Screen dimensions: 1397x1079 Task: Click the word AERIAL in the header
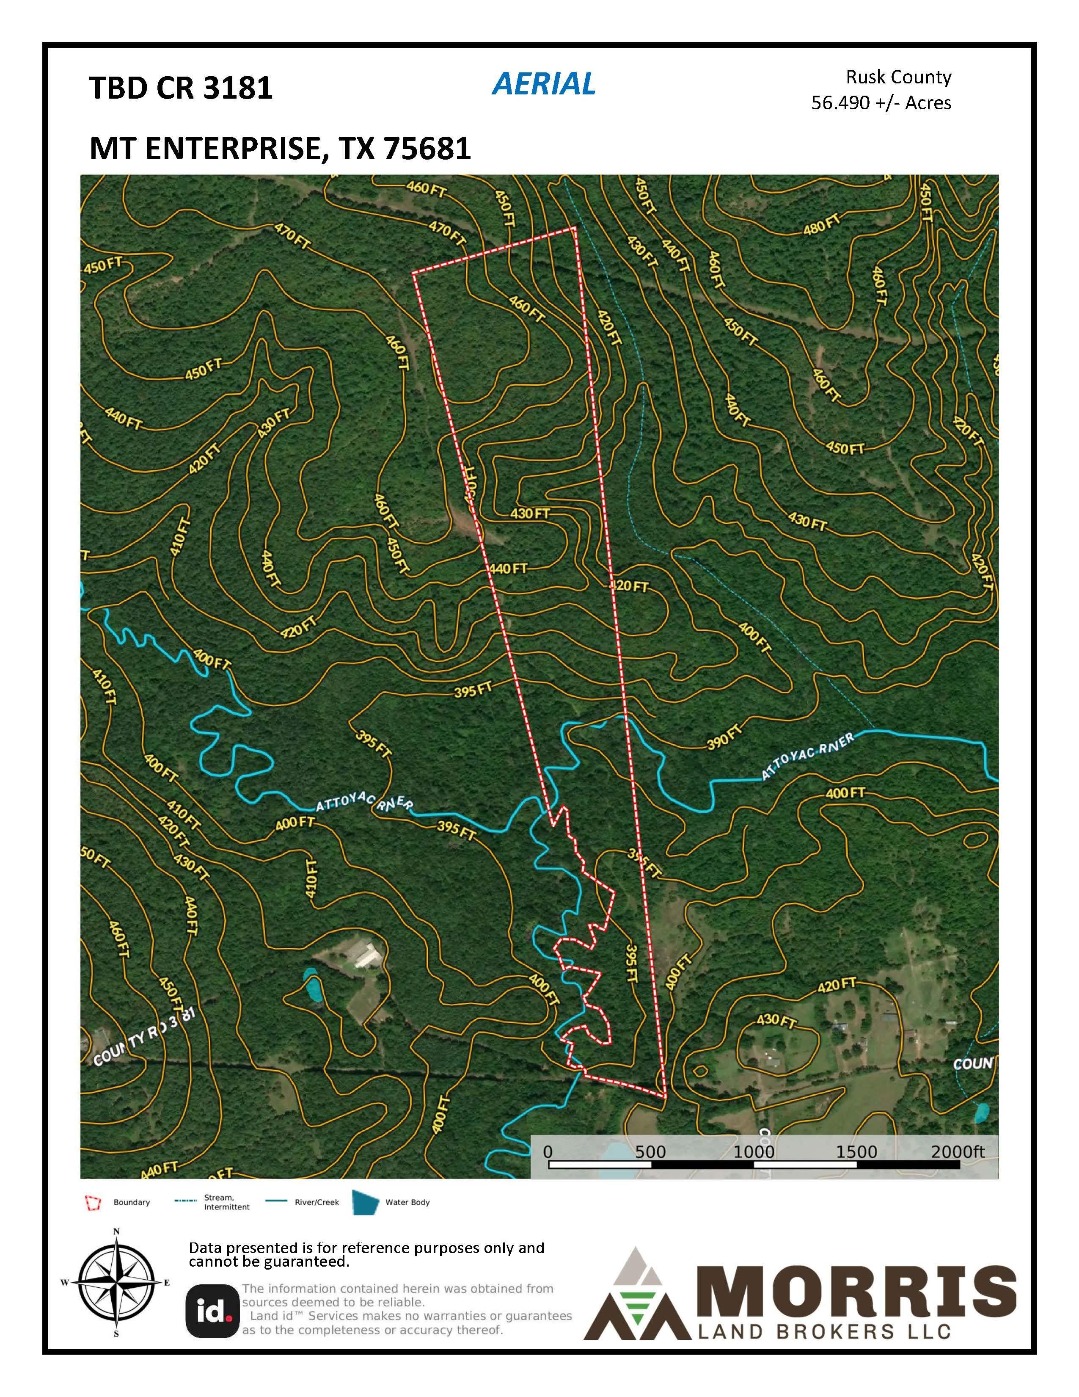(543, 84)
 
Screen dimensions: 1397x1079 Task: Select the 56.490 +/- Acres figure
(881, 103)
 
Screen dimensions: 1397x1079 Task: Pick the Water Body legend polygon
(366, 1202)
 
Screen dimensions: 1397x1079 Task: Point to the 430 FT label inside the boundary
(530, 514)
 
